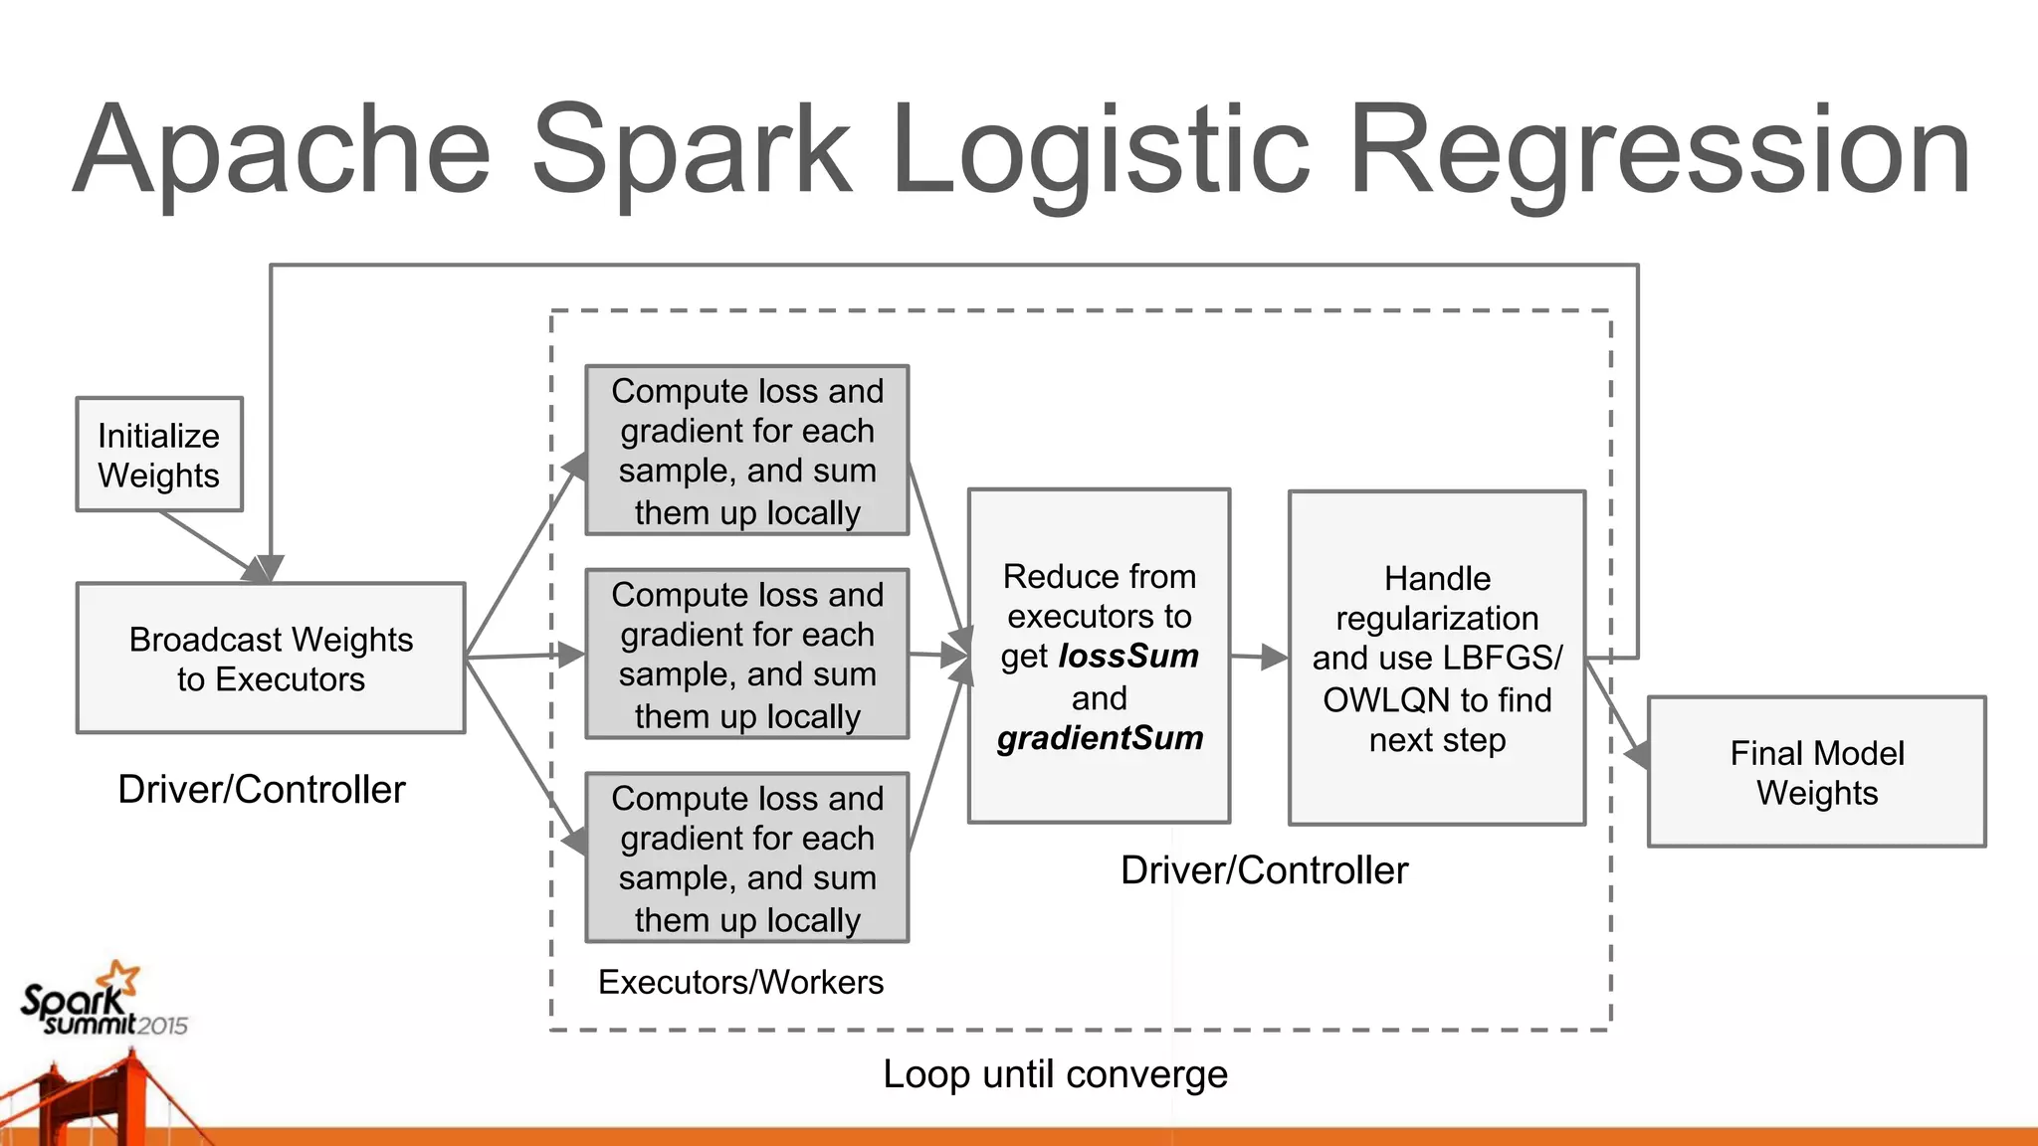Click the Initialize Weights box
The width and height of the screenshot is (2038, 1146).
(159, 455)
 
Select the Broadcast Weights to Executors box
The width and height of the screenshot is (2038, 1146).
(271, 659)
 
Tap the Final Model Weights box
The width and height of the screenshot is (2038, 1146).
(1816, 772)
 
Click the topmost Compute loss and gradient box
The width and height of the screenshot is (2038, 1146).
(746, 451)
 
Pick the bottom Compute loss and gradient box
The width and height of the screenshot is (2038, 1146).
(746, 858)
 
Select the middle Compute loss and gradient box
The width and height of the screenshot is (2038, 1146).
(746, 654)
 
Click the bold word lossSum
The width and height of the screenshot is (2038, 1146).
(1128, 657)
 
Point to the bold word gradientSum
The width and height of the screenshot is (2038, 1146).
(1100, 738)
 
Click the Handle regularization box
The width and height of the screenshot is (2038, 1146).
(1436, 658)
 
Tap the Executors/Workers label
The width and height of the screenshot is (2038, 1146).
(740, 982)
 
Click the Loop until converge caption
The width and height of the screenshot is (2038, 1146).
(1055, 1074)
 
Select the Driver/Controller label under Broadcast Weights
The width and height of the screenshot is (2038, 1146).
(262, 789)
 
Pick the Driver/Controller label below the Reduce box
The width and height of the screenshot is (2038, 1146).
(1264, 870)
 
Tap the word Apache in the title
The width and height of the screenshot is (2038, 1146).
(283, 151)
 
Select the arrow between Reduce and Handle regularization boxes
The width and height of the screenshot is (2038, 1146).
(1259, 657)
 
